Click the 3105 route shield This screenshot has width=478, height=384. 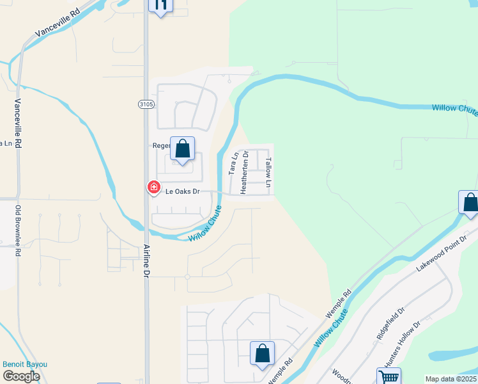[x=146, y=103]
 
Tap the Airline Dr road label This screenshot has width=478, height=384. [x=146, y=255]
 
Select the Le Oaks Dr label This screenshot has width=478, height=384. [x=183, y=191]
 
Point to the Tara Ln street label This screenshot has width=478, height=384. [x=233, y=163]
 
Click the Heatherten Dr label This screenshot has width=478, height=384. [x=244, y=173]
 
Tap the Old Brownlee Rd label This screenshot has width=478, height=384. [x=19, y=231]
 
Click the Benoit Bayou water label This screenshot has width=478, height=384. [x=25, y=364]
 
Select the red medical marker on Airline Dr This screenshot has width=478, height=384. [x=153, y=187]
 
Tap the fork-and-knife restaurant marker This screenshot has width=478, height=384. [x=160, y=6]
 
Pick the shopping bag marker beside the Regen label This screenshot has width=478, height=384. [x=183, y=149]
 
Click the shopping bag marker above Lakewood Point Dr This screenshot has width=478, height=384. [x=470, y=202]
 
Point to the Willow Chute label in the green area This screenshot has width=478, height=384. [x=454, y=108]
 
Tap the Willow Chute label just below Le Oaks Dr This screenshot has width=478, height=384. [x=206, y=223]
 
